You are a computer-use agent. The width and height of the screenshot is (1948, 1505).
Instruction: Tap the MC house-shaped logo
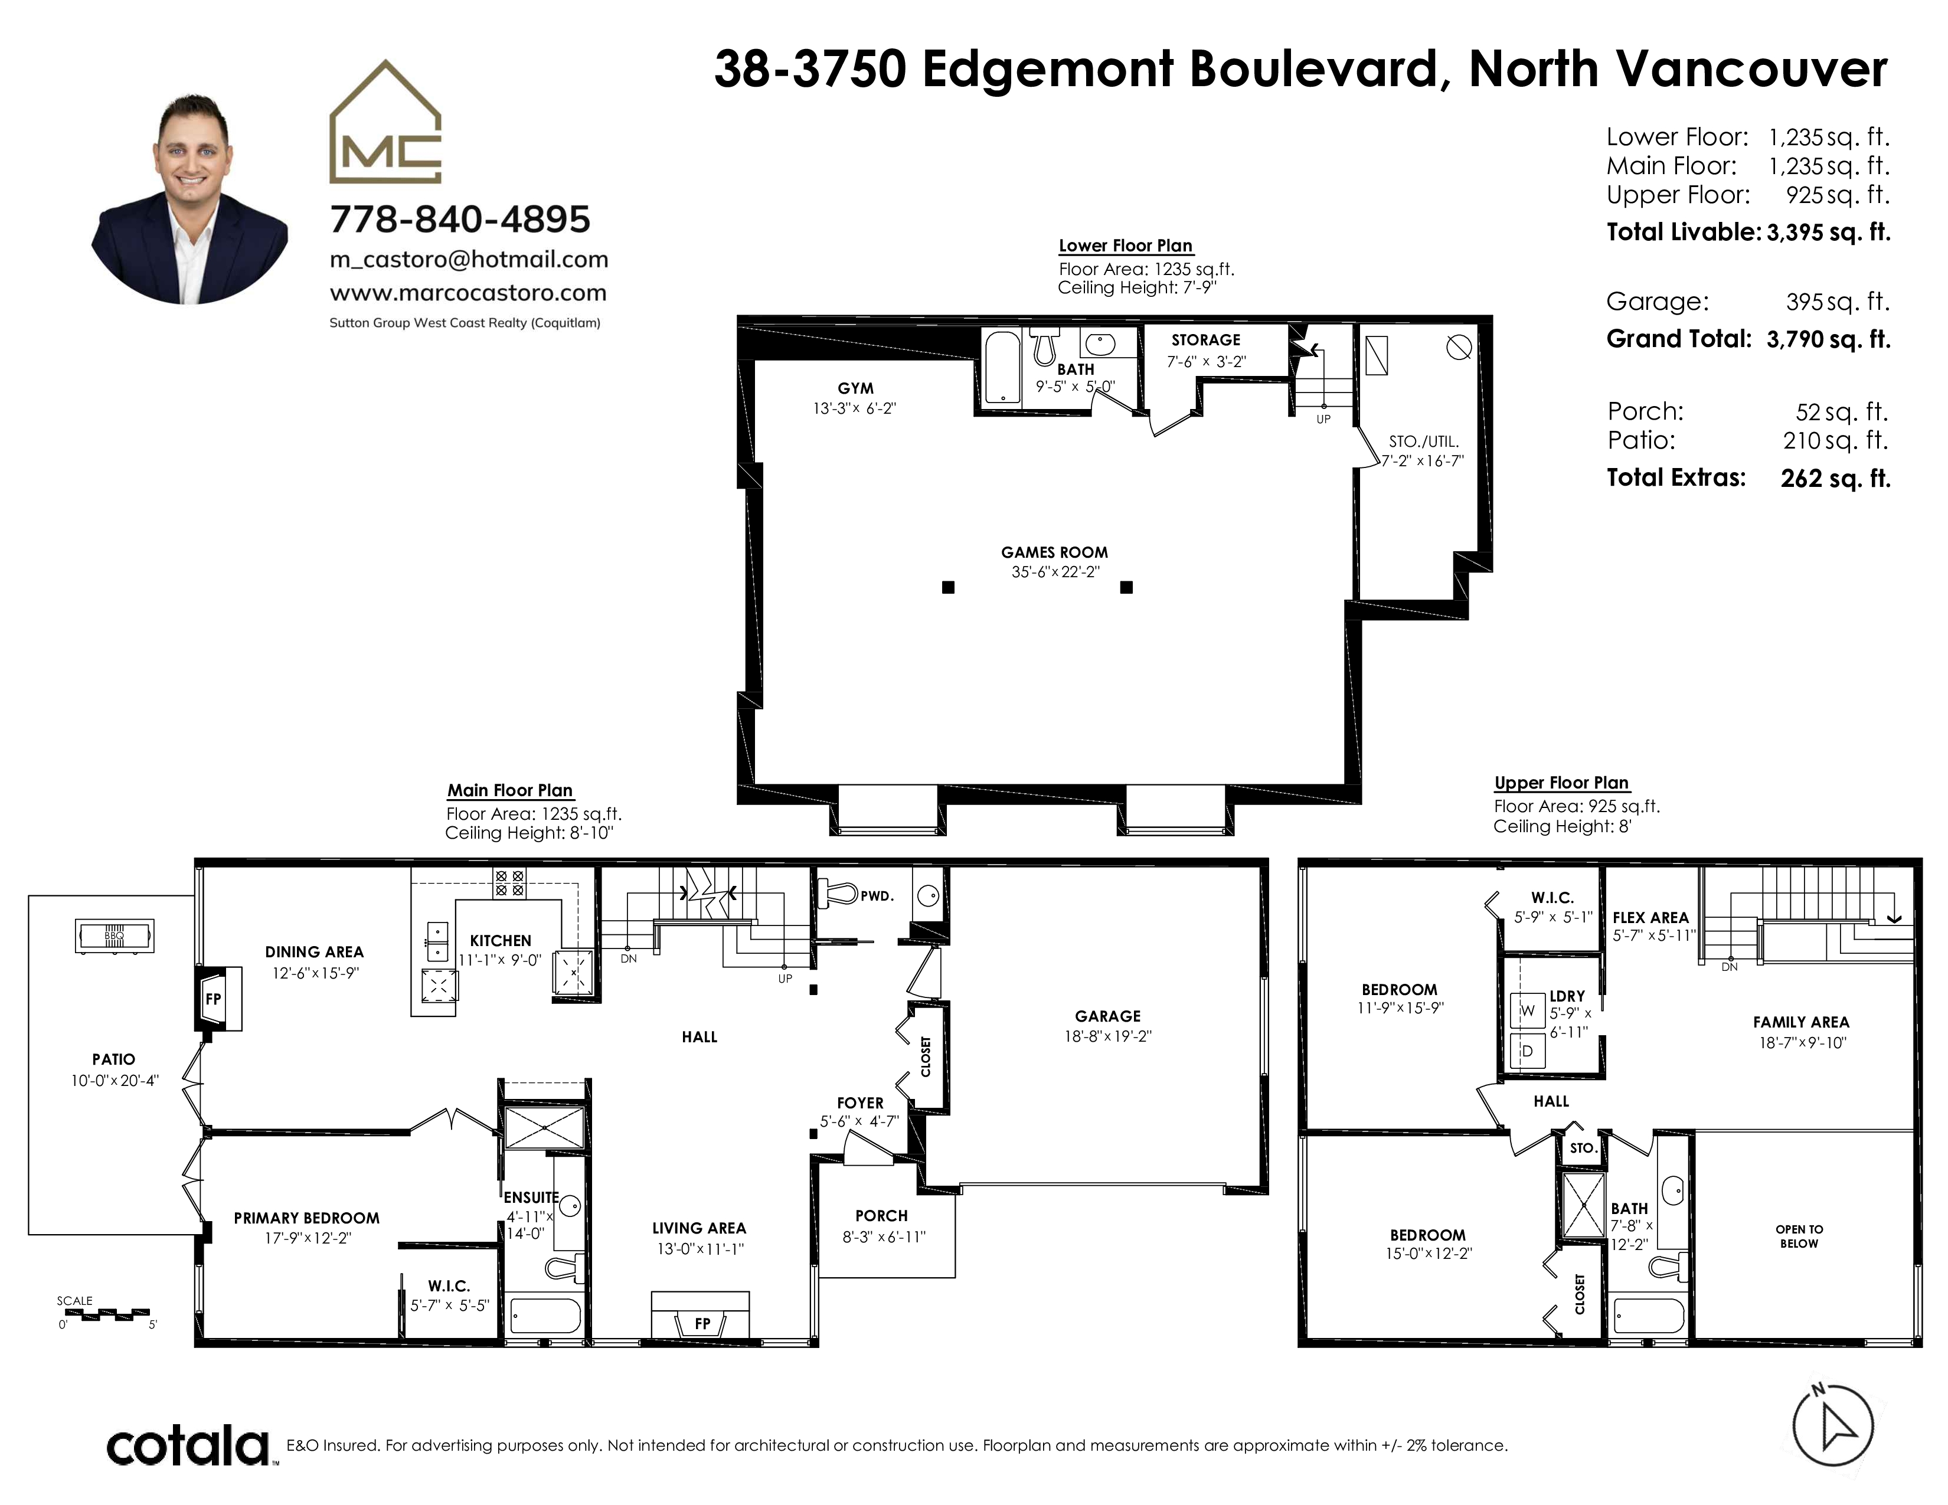pos(385,122)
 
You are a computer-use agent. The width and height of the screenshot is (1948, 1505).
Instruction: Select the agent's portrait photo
pos(189,198)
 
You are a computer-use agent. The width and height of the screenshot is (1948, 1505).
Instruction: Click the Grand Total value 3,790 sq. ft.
pos(1829,340)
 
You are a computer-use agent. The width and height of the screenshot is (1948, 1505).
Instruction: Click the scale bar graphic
pos(107,1314)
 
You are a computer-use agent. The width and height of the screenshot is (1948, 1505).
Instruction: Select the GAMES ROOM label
pos(1054,553)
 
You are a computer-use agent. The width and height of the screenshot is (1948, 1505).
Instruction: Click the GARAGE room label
pos(1108,1016)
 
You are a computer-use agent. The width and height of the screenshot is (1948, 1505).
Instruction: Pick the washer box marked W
pos(1528,1011)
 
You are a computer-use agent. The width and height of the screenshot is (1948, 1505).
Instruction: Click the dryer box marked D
pos(1528,1051)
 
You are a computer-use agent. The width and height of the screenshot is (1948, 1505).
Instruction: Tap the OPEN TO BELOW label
pos(1799,1236)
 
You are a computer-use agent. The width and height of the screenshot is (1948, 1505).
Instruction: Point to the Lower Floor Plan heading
pos(1126,246)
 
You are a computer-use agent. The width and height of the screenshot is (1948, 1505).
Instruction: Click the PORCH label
pos(881,1216)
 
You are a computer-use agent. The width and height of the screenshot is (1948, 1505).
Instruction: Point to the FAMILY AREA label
pos(1801,1023)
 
